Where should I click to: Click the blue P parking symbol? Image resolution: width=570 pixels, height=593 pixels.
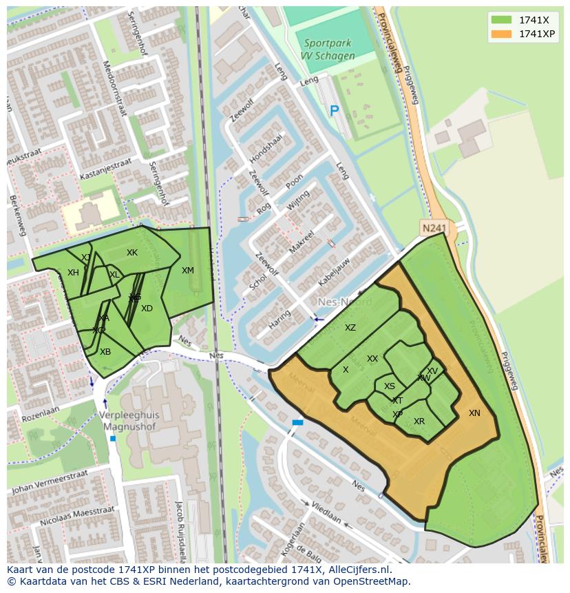[335, 110]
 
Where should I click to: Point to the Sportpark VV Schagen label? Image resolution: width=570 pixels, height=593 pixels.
[328, 50]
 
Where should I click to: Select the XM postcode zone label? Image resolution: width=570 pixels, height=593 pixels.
[188, 271]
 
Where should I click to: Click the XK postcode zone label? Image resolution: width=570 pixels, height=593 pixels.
[132, 253]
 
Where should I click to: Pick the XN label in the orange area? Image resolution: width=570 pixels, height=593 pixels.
[474, 413]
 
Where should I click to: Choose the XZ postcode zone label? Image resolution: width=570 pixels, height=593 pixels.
[350, 328]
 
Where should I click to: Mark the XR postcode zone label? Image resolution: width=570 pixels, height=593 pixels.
[419, 422]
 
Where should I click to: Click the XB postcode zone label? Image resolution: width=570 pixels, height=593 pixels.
[105, 352]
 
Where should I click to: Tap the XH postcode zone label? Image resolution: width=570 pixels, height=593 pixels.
[73, 273]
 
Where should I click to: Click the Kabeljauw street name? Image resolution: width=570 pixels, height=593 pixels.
[334, 273]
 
